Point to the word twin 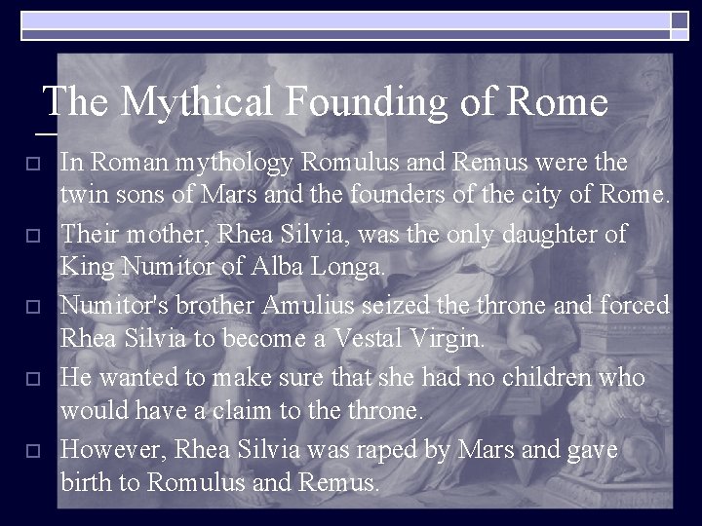(81, 197)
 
